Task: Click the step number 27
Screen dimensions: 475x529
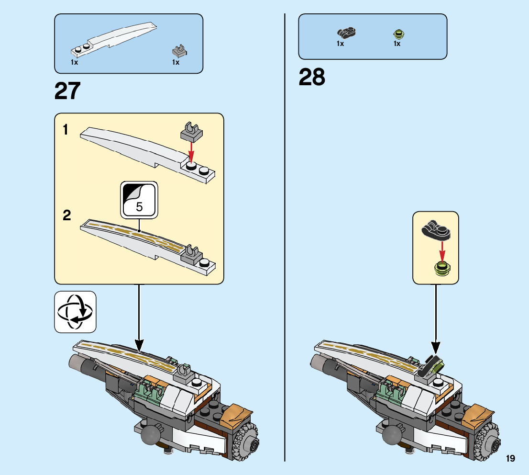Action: tap(67, 91)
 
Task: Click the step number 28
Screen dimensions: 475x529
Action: tap(312, 77)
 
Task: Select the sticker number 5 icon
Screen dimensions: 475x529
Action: tap(139, 200)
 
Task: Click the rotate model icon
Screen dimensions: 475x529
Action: tap(75, 312)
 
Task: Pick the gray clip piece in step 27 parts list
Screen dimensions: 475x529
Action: tap(179, 50)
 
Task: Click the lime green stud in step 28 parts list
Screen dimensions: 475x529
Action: tap(397, 34)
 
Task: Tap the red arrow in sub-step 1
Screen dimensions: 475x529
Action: tap(192, 151)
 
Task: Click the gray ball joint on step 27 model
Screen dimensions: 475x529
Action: tap(150, 434)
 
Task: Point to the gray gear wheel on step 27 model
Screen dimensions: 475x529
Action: tap(246, 443)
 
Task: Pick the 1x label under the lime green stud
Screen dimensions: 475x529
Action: tap(397, 44)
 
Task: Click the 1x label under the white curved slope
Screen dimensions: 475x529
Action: tap(75, 62)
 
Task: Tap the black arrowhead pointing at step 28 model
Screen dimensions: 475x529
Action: tap(436, 347)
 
